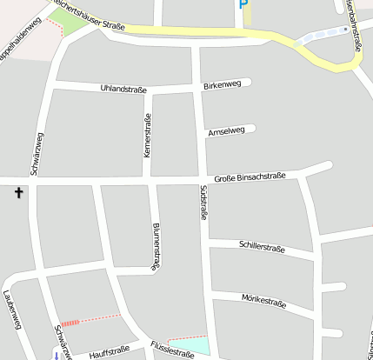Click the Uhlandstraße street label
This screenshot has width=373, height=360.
point(123,89)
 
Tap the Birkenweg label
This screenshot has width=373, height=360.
point(222,85)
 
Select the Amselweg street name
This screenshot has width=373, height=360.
point(226,131)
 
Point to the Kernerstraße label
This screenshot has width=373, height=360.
point(147,136)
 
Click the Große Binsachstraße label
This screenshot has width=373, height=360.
point(250,177)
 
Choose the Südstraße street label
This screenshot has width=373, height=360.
point(203,202)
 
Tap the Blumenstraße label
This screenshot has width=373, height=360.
point(156,247)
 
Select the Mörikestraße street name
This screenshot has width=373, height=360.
point(263,301)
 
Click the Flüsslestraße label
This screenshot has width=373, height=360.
point(171,351)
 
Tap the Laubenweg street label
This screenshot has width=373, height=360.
point(12,309)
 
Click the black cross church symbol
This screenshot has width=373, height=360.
point(18,193)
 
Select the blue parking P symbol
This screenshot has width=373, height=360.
point(240,5)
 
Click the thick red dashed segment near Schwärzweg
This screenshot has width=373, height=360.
point(70,323)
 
